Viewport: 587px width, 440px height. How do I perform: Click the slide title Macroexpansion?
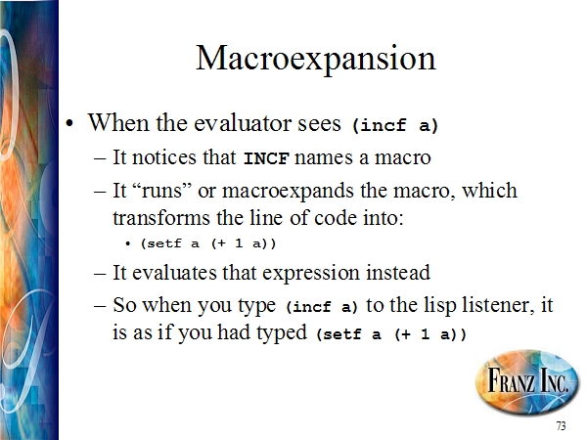pyautogui.click(x=316, y=59)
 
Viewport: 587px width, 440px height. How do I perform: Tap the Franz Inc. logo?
pyautogui.click(x=527, y=382)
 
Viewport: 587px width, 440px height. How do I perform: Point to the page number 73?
pyautogui.click(x=561, y=426)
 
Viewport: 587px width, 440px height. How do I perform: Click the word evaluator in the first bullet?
pyautogui.click(x=242, y=123)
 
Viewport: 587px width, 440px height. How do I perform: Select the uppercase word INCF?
pyautogui.click(x=266, y=158)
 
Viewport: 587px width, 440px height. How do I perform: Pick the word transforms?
pyautogui.click(x=161, y=217)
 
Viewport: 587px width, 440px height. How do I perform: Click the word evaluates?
pyautogui.click(x=174, y=273)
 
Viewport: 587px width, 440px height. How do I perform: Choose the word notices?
pyautogui.click(x=164, y=157)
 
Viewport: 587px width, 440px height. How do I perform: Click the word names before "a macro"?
pyautogui.click(x=324, y=157)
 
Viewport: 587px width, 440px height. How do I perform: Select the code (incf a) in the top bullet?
pyautogui.click(x=395, y=125)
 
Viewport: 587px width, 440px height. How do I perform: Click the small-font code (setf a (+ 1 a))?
pyautogui.click(x=208, y=243)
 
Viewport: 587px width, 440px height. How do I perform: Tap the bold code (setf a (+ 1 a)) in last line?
pyautogui.click(x=391, y=333)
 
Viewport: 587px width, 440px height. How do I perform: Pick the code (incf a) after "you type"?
pyautogui.click(x=322, y=307)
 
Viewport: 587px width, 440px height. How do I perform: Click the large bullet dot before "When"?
pyautogui.click(x=68, y=123)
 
